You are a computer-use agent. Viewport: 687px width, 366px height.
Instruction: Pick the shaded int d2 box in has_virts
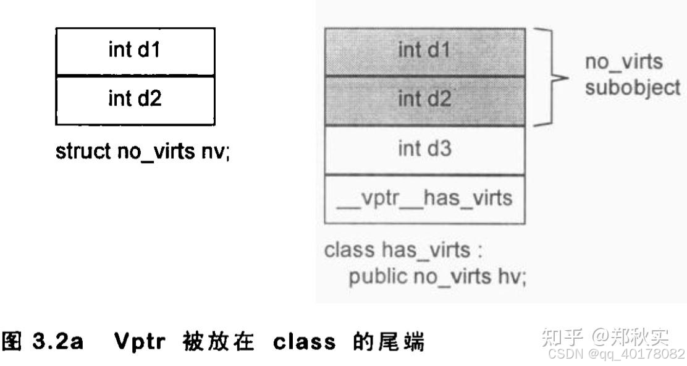pyautogui.click(x=424, y=100)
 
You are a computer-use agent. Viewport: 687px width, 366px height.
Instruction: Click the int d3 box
pyautogui.click(x=424, y=149)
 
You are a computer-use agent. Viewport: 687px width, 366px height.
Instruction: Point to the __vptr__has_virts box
pyautogui.click(x=424, y=198)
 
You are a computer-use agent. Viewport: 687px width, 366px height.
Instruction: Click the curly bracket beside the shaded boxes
pyautogui.click(x=547, y=77)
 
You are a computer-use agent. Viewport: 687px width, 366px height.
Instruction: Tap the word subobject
pyautogui.click(x=633, y=87)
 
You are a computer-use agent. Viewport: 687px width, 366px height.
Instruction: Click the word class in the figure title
pyautogui.click(x=298, y=341)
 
